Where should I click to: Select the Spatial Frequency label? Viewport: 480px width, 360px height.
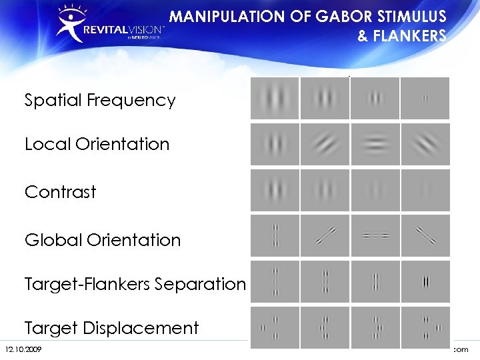point(100,101)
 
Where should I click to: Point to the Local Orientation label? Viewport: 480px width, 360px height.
point(97,144)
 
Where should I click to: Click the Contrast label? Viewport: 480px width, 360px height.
point(61,192)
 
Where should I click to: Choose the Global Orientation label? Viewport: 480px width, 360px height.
point(103,240)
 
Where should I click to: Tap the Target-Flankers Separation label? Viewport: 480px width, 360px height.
point(135,284)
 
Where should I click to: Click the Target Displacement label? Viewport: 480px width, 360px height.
point(111,328)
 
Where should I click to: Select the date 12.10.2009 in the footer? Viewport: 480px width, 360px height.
point(23,349)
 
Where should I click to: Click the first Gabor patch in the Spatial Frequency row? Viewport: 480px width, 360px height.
point(275,99)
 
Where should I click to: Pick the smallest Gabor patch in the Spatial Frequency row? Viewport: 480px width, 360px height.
point(425,99)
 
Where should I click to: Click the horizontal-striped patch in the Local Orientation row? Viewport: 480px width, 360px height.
point(375,144)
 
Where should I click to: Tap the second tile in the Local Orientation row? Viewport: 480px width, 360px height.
point(325,144)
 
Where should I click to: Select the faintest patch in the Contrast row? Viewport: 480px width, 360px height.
point(425,190)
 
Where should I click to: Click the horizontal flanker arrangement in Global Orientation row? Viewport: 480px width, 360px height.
point(375,235)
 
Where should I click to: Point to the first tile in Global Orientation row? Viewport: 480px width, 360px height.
point(275,235)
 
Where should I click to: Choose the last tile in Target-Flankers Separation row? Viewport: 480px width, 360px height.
point(425,281)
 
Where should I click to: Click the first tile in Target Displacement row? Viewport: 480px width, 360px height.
point(275,327)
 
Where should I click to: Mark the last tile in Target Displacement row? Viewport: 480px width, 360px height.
point(425,327)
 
